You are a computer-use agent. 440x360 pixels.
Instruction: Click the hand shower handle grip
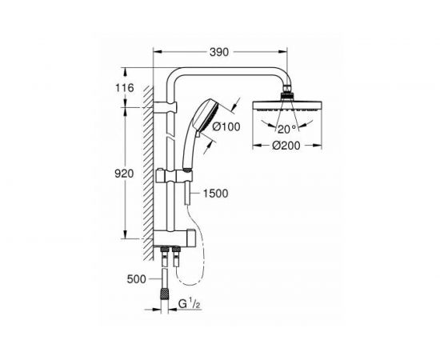[189, 152]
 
